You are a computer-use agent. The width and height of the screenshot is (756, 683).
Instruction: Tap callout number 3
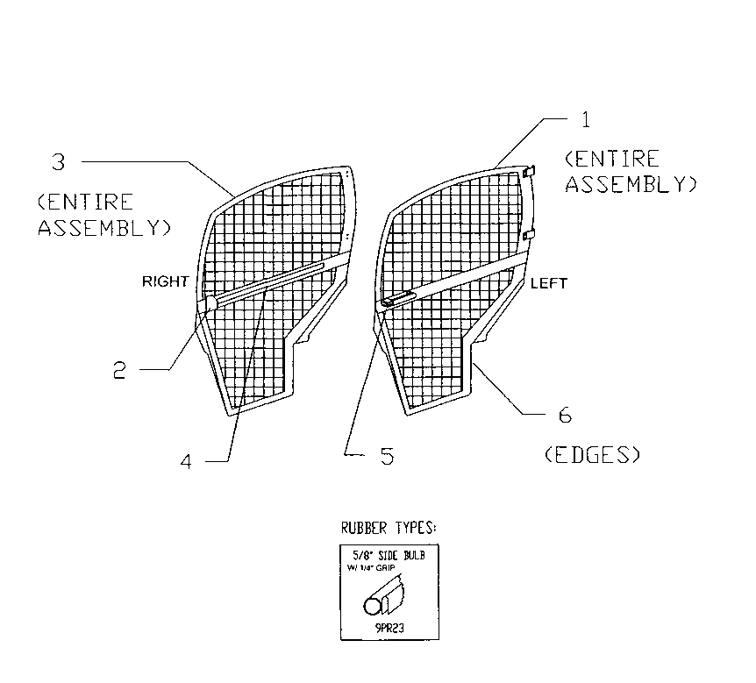58,161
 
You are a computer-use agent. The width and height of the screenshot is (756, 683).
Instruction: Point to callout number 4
186,461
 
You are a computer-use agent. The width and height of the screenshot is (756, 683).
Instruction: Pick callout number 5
386,456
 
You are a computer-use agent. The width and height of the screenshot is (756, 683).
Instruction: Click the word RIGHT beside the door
166,281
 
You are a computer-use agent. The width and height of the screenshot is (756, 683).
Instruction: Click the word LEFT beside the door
549,283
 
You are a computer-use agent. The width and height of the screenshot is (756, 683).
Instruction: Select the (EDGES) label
590,455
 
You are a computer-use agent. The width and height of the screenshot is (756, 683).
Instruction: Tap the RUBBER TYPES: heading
388,529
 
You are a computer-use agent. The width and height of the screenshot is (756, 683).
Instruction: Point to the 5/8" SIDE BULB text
388,557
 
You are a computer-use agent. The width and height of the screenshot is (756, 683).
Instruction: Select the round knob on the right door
210,303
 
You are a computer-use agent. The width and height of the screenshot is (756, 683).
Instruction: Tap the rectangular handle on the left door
396,300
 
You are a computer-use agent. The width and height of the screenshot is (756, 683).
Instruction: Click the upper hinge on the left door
529,172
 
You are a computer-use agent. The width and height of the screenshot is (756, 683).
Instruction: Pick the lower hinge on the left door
529,235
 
